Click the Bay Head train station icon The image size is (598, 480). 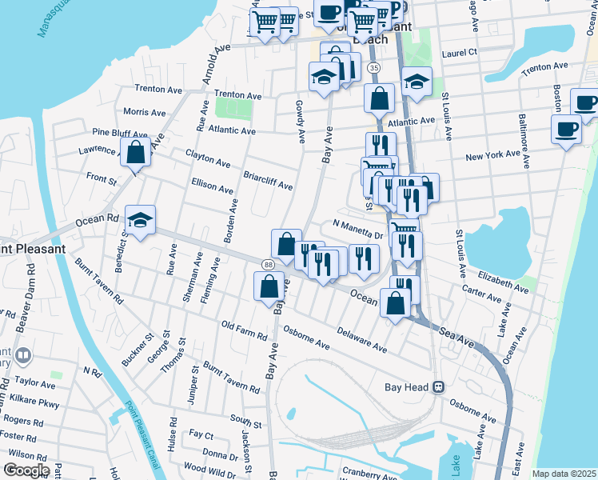(x=438, y=387)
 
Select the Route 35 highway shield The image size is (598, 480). (x=374, y=69)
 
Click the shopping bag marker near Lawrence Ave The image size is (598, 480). (x=135, y=151)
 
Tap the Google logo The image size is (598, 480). (x=26, y=470)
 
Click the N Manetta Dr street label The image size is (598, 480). (x=359, y=230)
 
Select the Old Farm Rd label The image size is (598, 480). (x=244, y=329)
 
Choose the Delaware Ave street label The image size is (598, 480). (x=361, y=341)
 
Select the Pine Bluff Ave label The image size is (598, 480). (x=119, y=133)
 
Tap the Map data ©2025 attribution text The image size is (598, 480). (x=564, y=474)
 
